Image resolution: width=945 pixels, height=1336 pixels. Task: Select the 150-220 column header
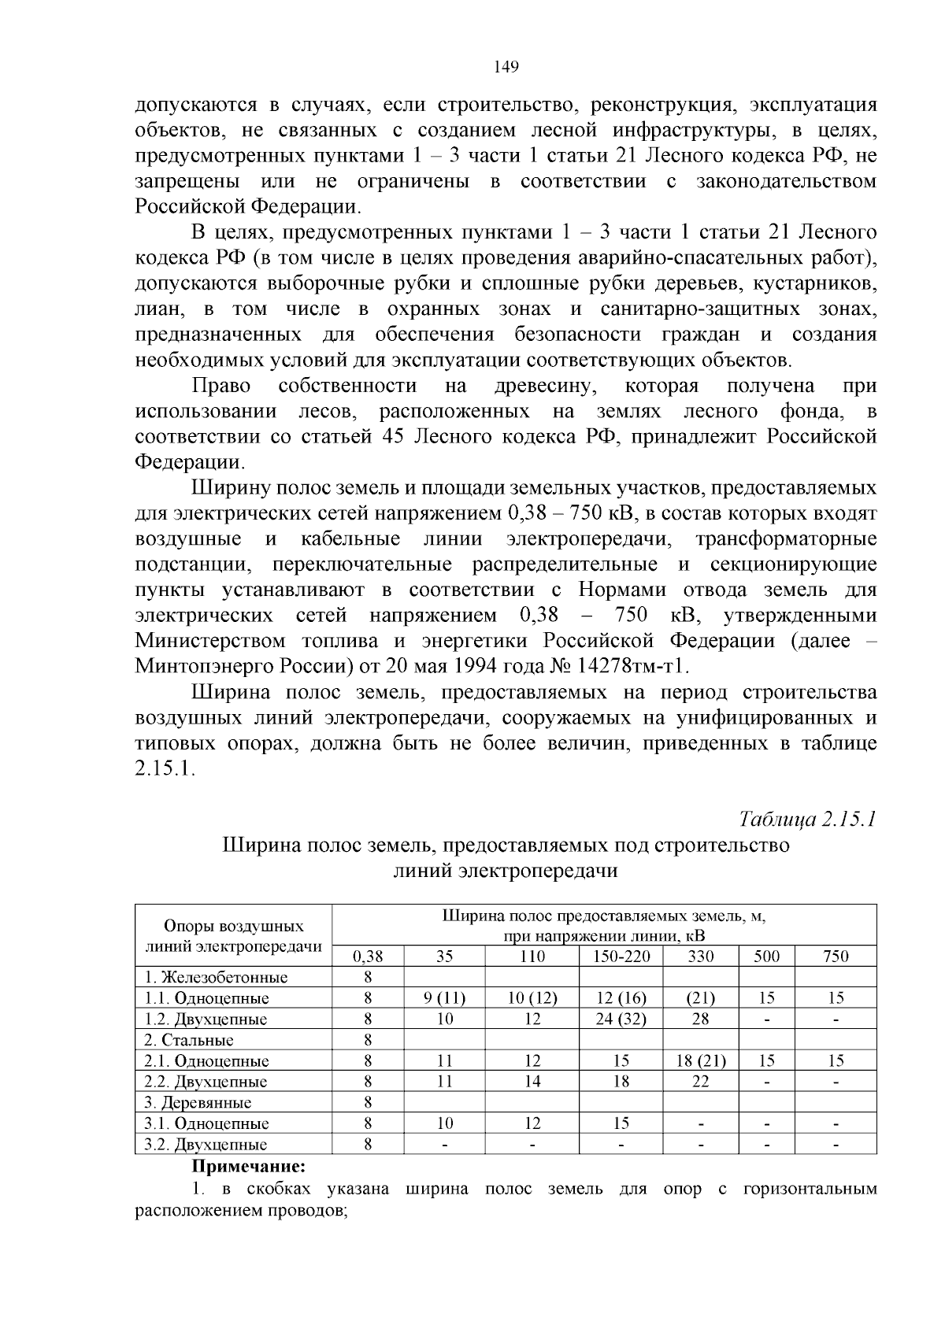pyautogui.click(x=621, y=957)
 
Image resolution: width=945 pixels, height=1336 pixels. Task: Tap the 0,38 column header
pyautogui.click(x=368, y=957)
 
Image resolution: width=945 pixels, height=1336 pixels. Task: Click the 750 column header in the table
pyautogui.click(x=836, y=957)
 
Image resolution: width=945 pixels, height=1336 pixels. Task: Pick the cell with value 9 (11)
pyautogui.click(x=444, y=998)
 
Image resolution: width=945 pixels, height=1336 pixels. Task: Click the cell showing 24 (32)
pyautogui.click(x=621, y=1019)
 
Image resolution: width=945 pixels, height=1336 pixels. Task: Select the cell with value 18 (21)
pyautogui.click(x=701, y=1061)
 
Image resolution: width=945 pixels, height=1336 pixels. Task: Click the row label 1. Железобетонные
pyautogui.click(x=216, y=978)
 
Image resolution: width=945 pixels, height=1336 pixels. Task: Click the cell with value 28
pyautogui.click(x=701, y=1019)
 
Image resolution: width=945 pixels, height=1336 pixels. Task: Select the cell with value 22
pyautogui.click(x=701, y=1082)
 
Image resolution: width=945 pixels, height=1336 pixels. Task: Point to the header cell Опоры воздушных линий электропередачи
pyautogui.click(x=234, y=935)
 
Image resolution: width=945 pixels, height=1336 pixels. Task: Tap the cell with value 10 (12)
pyautogui.click(x=532, y=998)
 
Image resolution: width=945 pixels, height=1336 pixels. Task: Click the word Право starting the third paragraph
pyautogui.click(x=221, y=386)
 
